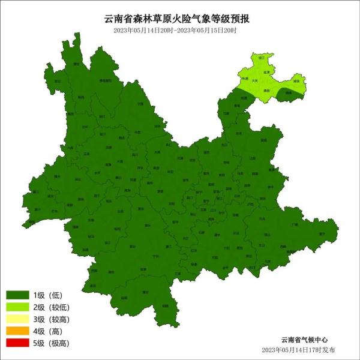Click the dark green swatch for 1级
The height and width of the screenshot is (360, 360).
tap(18, 295)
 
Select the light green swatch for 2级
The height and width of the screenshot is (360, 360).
tap(18, 307)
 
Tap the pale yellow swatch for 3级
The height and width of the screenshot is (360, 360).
tap(18, 319)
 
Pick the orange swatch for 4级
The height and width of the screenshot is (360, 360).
tap(18, 331)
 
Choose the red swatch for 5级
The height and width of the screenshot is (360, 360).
tap(18, 343)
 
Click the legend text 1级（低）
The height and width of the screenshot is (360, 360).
tap(48, 295)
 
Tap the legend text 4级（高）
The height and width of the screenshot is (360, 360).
tap(48, 331)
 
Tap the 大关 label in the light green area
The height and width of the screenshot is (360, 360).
tap(255, 80)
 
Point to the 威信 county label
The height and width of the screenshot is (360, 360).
tap(296, 80)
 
